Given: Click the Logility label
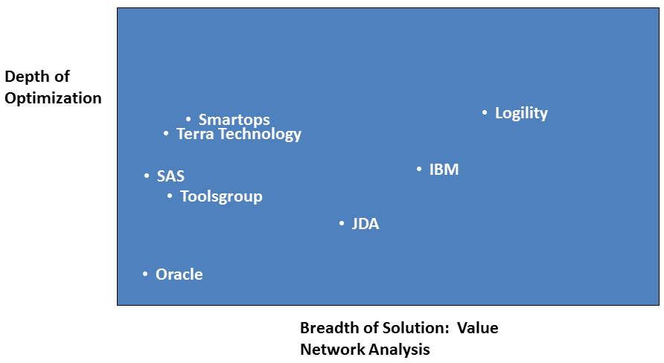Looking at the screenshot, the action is [521, 113].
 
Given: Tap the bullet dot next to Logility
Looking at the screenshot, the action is [485, 112].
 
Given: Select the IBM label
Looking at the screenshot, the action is [444, 170].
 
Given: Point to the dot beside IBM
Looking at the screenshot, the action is [419, 170].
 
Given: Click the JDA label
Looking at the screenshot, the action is [365, 224].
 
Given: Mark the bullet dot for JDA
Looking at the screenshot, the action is [342, 223].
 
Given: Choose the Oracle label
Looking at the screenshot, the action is [179, 274].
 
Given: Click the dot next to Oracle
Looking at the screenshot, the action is [145, 274].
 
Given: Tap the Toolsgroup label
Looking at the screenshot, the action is [221, 196].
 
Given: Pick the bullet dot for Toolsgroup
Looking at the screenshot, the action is [170, 196].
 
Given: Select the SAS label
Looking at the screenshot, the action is [170, 176].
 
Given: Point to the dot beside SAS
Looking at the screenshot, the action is [147, 176].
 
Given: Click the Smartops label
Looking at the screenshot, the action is [234, 121].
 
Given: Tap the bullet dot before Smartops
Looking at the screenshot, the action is [188, 120].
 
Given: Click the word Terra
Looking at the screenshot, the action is [195, 134].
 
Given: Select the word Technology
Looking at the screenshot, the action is [260, 135].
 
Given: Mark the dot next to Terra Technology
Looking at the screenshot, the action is [166, 134].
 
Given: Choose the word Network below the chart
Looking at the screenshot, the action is [331, 350].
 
